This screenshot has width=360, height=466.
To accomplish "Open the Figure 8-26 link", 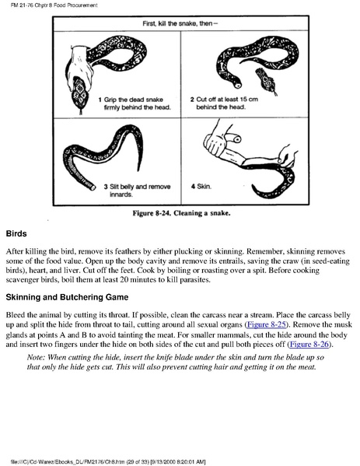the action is tap(309, 344).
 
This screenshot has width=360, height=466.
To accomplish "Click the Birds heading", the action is tap(16, 233).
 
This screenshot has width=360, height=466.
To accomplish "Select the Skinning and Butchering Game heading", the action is tap(67, 297).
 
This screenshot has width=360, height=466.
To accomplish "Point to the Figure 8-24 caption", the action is tap(181, 213).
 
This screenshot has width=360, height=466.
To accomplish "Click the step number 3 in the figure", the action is tap(106, 187).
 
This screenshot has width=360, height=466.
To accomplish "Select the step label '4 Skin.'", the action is tap(201, 187).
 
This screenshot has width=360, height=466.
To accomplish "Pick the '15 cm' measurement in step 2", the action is tap(249, 100).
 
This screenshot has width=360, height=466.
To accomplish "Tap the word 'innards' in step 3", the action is tap(121, 194).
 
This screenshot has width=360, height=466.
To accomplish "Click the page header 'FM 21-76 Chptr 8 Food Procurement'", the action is tap(54, 5).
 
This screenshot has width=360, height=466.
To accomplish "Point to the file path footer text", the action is tap(108, 461).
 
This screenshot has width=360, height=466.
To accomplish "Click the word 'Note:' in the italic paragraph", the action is tap(36, 357).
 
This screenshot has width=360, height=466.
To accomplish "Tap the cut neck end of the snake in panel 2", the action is tap(237, 85).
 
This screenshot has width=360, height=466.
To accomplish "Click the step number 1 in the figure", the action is tap(100, 100).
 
